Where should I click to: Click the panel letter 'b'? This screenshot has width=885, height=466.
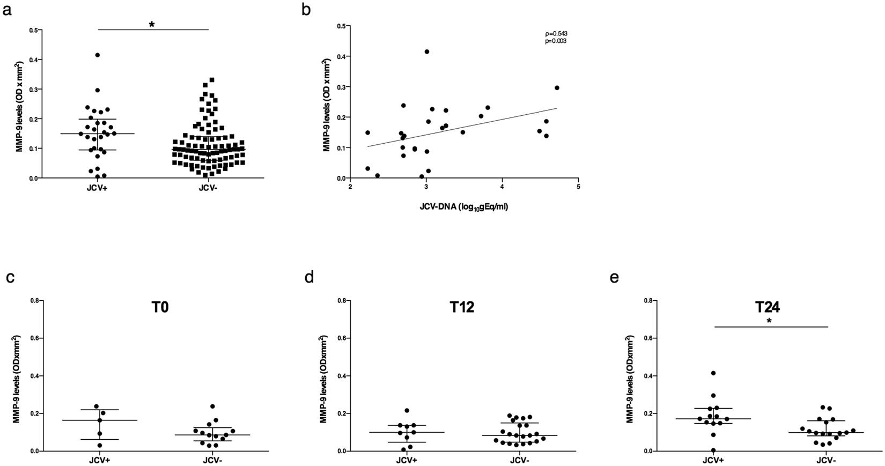click(306, 10)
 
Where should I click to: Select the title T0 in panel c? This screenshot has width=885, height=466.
click(159, 309)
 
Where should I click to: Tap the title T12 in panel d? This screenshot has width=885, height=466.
click(462, 309)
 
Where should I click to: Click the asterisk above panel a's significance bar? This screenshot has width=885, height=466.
click(152, 25)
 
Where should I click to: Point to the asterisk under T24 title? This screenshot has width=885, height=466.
click(769, 321)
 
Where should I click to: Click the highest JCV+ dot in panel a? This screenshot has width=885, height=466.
click(98, 55)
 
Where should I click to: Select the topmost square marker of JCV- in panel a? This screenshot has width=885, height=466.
click(212, 80)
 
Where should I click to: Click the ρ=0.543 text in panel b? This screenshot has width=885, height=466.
click(556, 34)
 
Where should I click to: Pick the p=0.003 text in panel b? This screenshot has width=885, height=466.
click(556, 41)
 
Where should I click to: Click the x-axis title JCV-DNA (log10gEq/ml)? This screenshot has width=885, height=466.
click(464, 207)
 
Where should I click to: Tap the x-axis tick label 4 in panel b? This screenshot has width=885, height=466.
click(502, 187)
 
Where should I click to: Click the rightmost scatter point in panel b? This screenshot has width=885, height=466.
click(557, 87)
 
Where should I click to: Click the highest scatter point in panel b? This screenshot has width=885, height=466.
click(427, 51)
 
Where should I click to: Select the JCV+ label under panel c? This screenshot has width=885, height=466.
click(99, 460)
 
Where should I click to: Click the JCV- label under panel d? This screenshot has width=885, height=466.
click(520, 460)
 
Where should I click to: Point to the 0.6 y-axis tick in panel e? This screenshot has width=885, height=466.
click(638, 338)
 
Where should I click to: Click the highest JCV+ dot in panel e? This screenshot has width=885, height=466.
click(713, 373)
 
